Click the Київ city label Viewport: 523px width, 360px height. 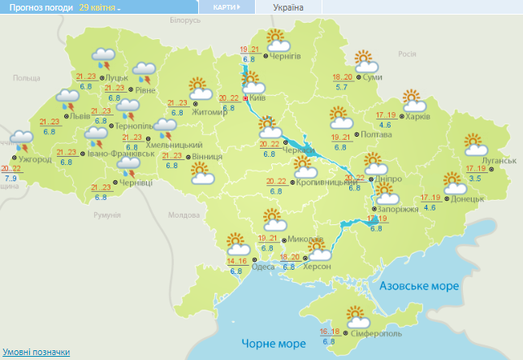[x=258, y=98]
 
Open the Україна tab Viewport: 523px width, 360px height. [x=288, y=7]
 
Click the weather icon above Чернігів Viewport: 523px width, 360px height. [x=276, y=39]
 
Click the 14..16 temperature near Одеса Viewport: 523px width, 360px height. [x=237, y=261]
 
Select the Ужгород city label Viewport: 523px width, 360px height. [x=36, y=158]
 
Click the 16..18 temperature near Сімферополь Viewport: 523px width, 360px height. [x=330, y=332]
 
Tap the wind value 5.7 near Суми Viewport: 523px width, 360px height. [x=342, y=87]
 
